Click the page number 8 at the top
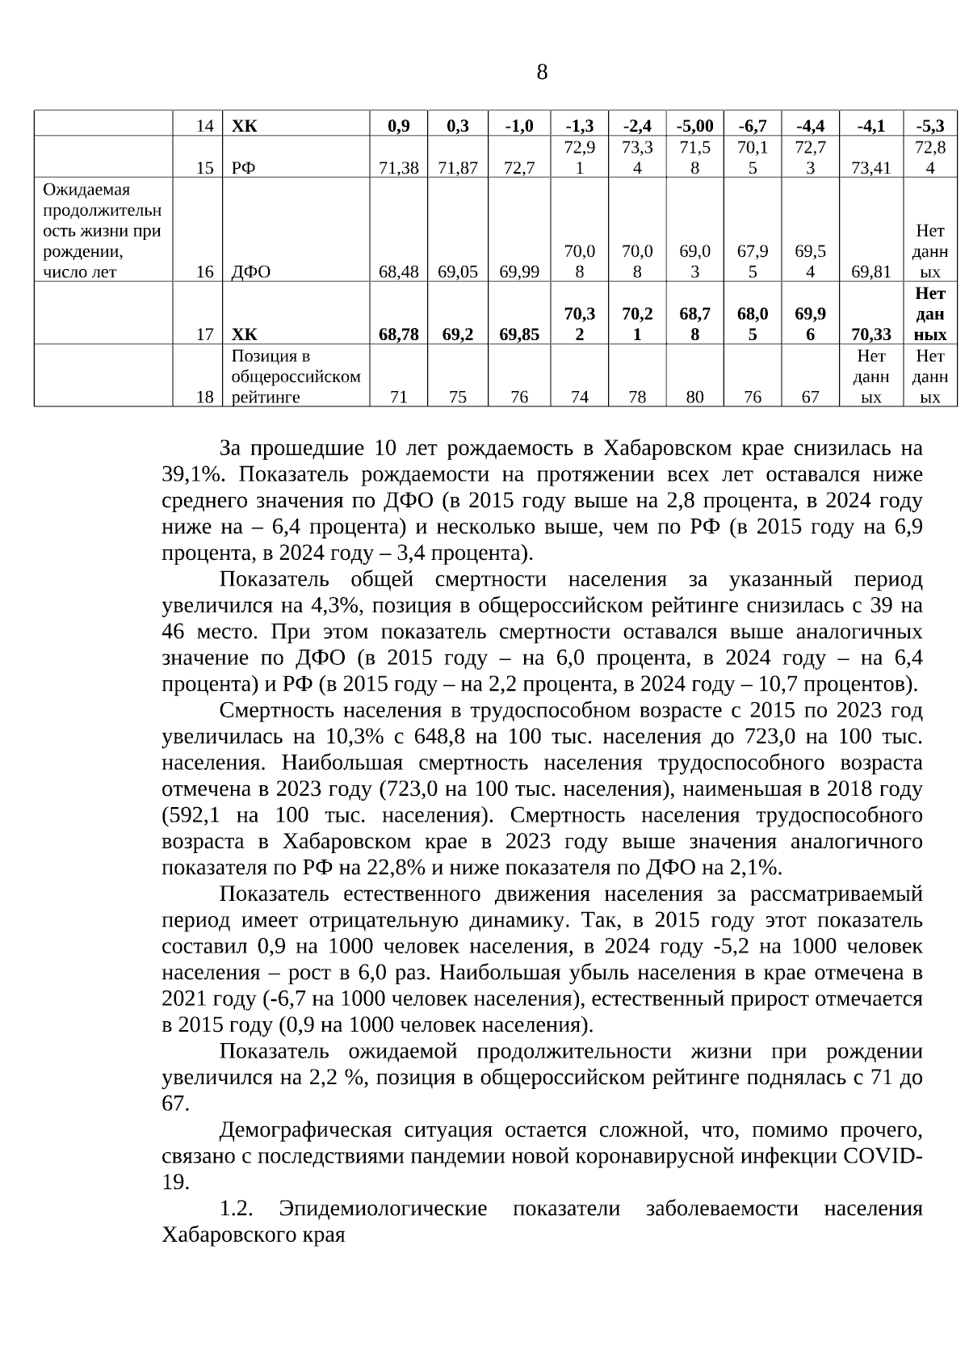coord(541,73)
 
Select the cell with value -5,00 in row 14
coord(694,125)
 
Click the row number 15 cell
coord(205,168)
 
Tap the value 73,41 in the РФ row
coord(870,168)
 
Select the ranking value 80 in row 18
coord(694,397)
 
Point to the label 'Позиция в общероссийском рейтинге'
coord(296,376)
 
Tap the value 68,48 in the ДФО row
coord(398,272)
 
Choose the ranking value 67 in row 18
coord(810,397)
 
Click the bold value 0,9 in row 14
coord(398,125)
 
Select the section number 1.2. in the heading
coord(237,1209)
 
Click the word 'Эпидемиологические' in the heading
coord(383,1209)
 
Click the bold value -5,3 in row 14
coord(930,125)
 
